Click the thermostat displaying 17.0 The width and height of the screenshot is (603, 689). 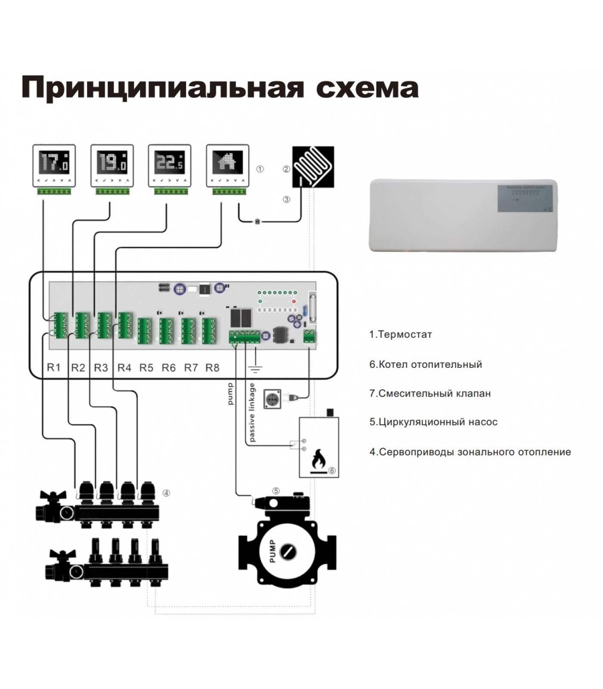tap(54, 166)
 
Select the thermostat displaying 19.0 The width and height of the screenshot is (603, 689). tap(112, 166)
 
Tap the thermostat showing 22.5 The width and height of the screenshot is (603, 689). tap(169, 166)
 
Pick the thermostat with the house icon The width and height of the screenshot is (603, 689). tap(227, 166)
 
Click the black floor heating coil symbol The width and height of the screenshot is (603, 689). tap(313, 167)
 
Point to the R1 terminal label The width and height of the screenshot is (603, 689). tap(54, 367)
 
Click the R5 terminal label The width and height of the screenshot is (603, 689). tap(146, 368)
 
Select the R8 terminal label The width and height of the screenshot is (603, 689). tap(212, 368)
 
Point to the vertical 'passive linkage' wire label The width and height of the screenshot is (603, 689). tap(252, 412)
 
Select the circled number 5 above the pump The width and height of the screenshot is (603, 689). tap(276, 490)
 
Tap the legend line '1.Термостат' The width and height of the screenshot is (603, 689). tap(401, 335)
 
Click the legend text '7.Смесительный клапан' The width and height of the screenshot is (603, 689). tap(430, 393)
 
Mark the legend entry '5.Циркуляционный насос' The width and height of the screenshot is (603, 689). tap(433, 422)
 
